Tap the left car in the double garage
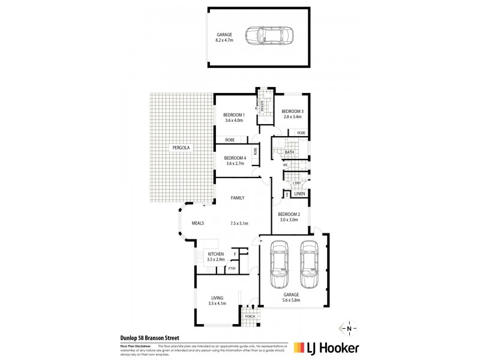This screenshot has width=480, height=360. [x=279, y=263]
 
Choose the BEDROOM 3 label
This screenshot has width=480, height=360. [x=293, y=112]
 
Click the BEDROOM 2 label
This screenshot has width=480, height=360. [x=289, y=214]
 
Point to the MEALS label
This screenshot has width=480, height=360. [x=198, y=223]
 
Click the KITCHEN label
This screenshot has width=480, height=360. [x=215, y=254]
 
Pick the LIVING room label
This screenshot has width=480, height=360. [x=218, y=298]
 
